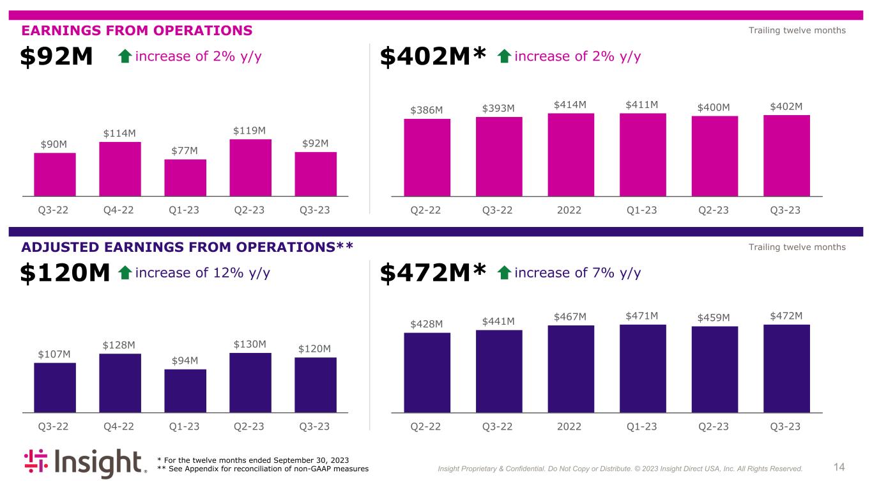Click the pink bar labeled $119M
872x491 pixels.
pos(250,168)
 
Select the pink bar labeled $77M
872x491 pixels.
pos(185,177)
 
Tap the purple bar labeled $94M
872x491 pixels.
pos(185,391)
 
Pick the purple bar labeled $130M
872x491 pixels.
pos(250,382)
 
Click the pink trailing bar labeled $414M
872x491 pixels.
pos(570,154)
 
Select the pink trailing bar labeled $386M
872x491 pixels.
pos(427,157)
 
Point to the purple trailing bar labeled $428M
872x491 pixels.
pos(427,372)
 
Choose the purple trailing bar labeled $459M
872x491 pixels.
pos(714,369)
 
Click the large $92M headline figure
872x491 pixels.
pos(57,58)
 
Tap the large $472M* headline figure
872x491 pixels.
pos(434,274)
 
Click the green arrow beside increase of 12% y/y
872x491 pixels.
pos(125,274)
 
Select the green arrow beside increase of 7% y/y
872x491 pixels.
pos(503,274)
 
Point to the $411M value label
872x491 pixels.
pos(643,105)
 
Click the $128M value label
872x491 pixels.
pos(119,345)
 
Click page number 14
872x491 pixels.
pos(839,467)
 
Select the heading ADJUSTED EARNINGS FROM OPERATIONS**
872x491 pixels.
pos(187,247)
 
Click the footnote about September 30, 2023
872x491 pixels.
pos(253,460)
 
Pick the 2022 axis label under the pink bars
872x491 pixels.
pos(570,210)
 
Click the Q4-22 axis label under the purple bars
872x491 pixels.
pos(119,426)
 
